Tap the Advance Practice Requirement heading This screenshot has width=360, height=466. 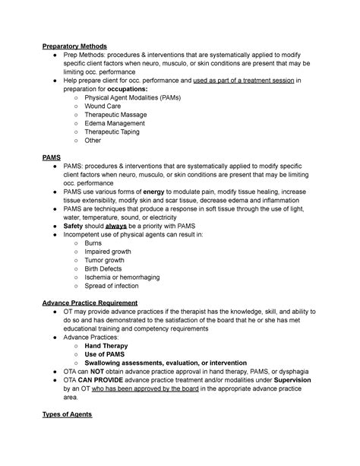click(89, 302)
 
